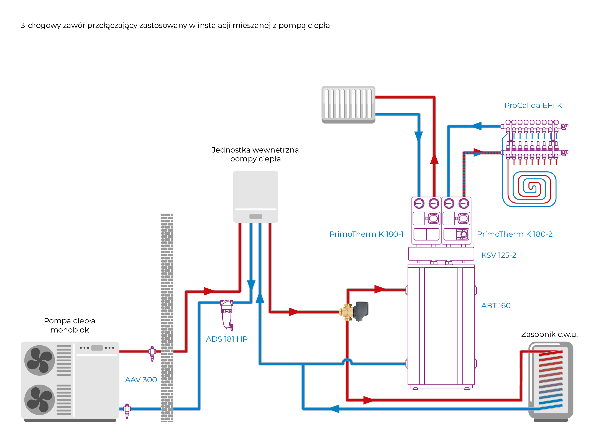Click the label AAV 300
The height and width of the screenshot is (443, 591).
[141, 380]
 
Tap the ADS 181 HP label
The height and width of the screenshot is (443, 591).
[227, 339]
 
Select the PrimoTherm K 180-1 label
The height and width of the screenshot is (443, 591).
[366, 234]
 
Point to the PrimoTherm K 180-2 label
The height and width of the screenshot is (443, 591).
[515, 234]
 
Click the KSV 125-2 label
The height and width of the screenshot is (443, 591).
[498, 255]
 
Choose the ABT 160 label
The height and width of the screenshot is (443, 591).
[496, 306]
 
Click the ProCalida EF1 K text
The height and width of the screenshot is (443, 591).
[533, 105]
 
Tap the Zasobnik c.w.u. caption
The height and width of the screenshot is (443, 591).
[549, 334]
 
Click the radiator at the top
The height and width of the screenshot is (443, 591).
[348, 104]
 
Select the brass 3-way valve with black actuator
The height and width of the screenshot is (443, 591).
[355, 312]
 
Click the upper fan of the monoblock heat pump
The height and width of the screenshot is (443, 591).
[40, 360]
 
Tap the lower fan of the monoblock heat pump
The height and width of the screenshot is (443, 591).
[40, 400]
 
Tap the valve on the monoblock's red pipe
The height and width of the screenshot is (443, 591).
[152, 353]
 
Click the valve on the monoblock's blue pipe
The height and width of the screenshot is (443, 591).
[127, 411]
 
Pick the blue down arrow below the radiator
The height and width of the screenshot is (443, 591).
[418, 136]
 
